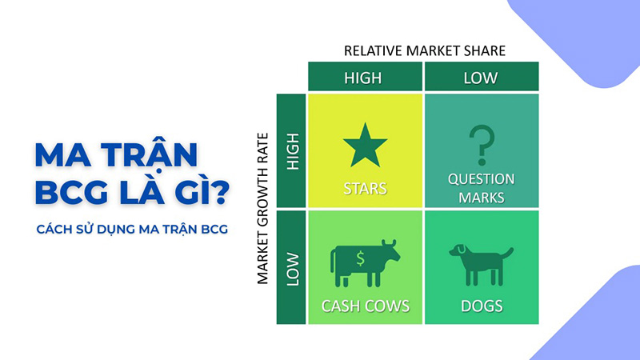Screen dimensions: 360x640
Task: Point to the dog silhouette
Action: [480, 263]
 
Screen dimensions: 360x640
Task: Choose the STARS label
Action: [365, 190]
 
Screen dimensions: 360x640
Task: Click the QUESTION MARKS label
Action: [482, 188]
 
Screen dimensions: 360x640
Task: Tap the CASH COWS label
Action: [365, 306]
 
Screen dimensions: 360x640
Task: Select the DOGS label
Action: [482, 306]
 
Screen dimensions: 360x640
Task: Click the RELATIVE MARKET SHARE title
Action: [425, 50]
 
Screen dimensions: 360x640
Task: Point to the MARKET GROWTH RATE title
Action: [262, 209]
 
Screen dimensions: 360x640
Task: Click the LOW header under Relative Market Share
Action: [481, 78]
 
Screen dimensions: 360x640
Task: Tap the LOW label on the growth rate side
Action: [291, 267]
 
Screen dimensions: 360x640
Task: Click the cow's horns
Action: [390, 242]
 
